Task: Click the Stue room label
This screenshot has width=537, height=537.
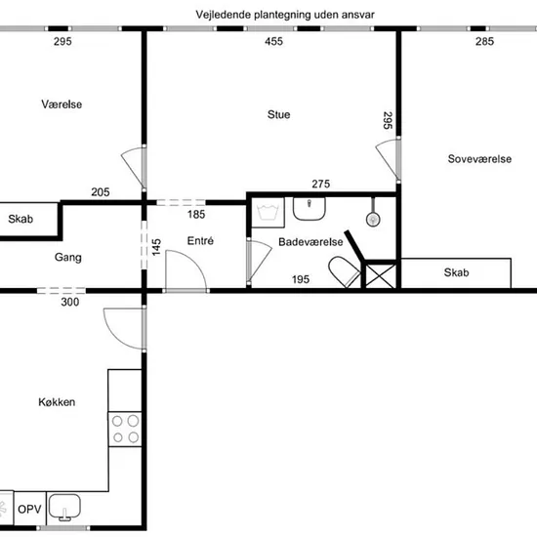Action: coord(279,114)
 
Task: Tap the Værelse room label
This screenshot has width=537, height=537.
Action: coord(62,104)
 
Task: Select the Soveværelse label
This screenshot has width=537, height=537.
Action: coord(479,158)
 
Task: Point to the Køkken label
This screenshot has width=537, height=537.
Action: coord(57,401)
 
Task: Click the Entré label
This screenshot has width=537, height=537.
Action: coord(200,241)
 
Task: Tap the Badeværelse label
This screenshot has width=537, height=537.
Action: coord(310,242)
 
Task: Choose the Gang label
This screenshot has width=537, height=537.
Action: coord(67,257)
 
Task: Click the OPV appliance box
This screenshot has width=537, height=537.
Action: coord(30,509)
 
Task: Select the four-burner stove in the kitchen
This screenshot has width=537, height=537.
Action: coord(125,430)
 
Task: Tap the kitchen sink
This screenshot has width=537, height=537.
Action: coord(64,507)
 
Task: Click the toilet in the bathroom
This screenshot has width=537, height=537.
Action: coord(345,271)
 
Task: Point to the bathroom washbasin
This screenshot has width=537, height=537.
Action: coord(309,209)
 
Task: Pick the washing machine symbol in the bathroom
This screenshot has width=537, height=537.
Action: coord(268,212)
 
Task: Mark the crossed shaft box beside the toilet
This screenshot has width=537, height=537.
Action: coord(381,275)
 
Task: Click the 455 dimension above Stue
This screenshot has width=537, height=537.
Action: coord(273,41)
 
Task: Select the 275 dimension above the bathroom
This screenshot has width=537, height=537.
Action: coord(321,184)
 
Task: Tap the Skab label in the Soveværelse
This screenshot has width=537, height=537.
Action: coord(456,272)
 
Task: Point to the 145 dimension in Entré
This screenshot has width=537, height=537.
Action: coord(156,247)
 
